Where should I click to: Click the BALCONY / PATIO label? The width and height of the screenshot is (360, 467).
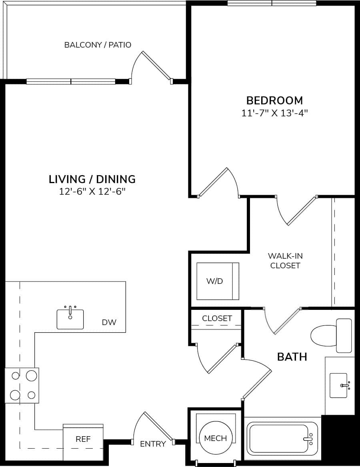tap(98, 45)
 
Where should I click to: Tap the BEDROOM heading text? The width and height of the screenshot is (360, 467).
tap(274, 100)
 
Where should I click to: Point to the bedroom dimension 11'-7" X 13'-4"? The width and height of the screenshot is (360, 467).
tap(274, 113)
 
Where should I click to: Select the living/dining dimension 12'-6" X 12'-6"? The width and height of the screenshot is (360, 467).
tap(92, 192)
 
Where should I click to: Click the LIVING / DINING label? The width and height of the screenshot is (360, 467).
tap(92, 179)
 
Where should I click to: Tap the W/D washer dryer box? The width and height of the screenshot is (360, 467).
tap(217, 281)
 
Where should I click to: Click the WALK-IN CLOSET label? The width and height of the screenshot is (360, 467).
tap(285, 260)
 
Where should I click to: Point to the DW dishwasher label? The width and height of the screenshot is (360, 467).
tap(109, 322)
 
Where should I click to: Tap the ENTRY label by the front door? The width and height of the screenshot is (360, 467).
tap(153, 444)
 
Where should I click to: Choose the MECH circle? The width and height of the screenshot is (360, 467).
tap(216, 438)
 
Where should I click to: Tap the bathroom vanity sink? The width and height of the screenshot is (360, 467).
tap(339, 385)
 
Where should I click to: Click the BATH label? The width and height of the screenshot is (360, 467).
tap(292, 357)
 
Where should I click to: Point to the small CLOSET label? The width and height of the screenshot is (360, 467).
tap(217, 318)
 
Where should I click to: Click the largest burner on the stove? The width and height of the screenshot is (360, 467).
tap(31, 376)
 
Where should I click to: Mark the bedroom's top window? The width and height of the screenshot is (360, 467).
tap(272, 3)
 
